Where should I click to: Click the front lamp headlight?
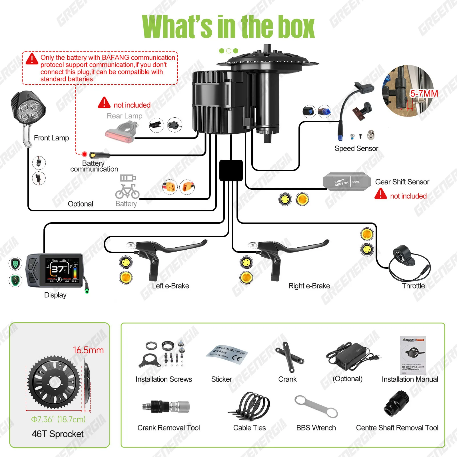click(x=29, y=109)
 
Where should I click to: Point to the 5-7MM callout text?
click(x=424, y=94)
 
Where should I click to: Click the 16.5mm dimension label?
click(x=88, y=350)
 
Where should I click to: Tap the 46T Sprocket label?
click(x=57, y=434)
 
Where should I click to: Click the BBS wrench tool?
click(x=316, y=407)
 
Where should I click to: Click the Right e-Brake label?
click(x=309, y=286)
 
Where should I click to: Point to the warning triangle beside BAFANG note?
click(x=32, y=59)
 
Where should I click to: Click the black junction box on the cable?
click(x=231, y=171)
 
